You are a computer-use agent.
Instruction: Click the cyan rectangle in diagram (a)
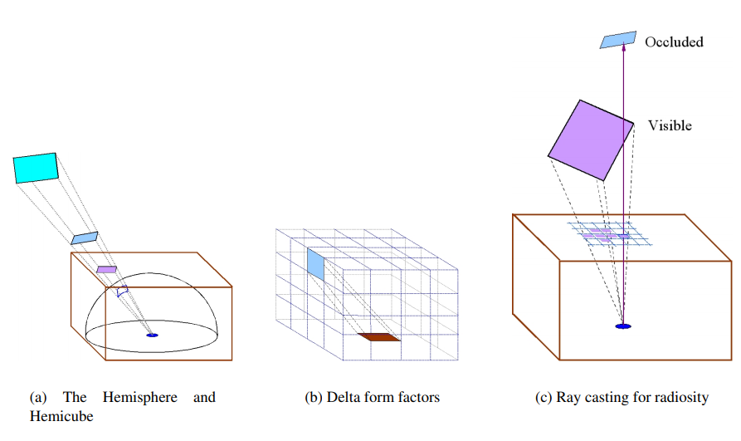(x=36, y=168)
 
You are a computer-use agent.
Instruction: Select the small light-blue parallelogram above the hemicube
(x=84, y=238)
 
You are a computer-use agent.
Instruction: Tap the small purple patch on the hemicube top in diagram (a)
(x=106, y=270)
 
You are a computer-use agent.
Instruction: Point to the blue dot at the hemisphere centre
(x=152, y=335)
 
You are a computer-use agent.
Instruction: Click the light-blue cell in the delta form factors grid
(x=316, y=263)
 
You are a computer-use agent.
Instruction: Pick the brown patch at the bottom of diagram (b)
(x=379, y=337)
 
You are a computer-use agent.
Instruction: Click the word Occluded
(x=674, y=42)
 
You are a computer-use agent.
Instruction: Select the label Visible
(x=670, y=126)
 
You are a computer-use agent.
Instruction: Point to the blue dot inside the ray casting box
(x=623, y=326)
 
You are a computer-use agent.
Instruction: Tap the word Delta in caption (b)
(x=344, y=398)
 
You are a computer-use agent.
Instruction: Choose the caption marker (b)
(x=314, y=398)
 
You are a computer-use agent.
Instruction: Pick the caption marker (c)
(x=544, y=398)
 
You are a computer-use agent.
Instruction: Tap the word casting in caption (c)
(x=610, y=398)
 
